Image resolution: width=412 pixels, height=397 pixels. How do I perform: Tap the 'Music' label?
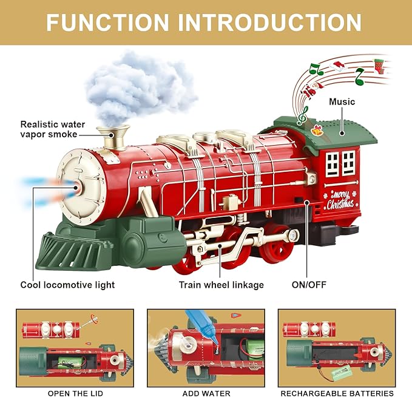coord(342,101)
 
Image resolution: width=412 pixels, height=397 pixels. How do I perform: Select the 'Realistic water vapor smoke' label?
coord(53,129)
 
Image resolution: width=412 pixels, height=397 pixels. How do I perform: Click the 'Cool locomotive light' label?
coord(67,284)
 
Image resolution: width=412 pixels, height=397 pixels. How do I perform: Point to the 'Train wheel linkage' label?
coord(221,284)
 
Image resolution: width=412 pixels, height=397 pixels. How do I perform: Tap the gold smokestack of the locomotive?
coord(116,138)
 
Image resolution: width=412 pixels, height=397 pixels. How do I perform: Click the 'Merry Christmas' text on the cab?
coord(342,200)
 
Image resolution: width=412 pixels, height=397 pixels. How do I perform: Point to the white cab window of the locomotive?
coord(340,163)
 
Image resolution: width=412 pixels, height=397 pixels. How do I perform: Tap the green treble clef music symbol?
coord(302,115)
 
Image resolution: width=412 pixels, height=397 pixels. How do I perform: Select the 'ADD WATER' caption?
coord(207,393)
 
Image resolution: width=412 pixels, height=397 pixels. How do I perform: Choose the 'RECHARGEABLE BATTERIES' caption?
coord(336,393)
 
